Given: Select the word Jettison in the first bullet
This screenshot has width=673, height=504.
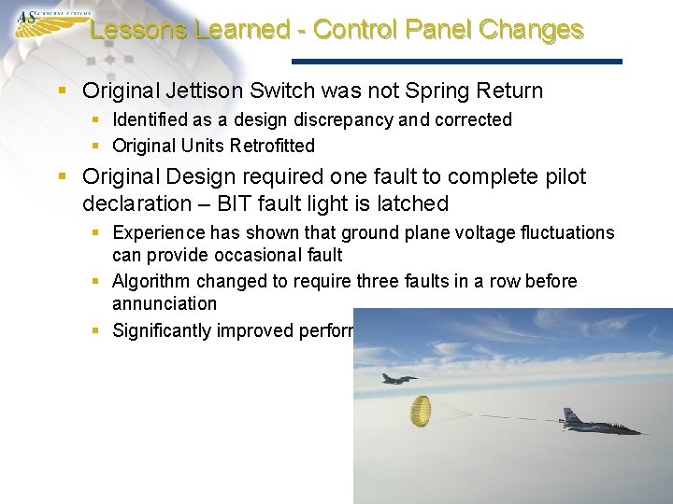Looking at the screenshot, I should coord(202,91).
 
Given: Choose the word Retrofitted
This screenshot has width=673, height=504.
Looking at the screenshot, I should coord(271,146).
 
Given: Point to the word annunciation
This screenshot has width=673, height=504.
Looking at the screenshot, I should coord(165,304).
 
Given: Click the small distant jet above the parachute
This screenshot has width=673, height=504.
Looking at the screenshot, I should coord(398,378).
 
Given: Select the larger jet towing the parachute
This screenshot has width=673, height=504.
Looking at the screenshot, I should coord(598,425).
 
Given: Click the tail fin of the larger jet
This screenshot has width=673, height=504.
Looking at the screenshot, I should coord(570,415).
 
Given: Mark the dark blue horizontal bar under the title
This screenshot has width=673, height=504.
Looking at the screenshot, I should coord(457,62).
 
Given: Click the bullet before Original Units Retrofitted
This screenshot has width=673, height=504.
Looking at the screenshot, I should coord(97,146).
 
